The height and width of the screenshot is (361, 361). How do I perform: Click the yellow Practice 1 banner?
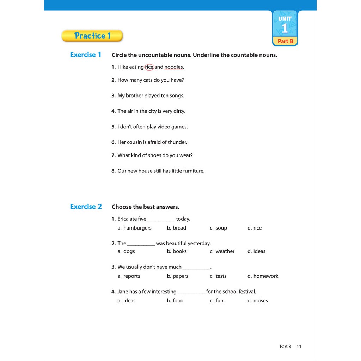pos(92,36)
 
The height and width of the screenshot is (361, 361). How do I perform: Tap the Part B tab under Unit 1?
pos(285,41)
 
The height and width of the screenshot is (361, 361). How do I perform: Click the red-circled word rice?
pos(149,67)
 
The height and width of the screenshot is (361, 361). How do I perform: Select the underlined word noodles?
pos(173,67)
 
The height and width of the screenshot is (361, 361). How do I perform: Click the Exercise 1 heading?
pos(85,55)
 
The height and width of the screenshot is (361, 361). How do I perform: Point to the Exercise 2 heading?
pos(86,207)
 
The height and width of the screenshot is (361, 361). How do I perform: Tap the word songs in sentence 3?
pos(177,96)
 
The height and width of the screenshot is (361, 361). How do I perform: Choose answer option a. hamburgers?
pos(135,228)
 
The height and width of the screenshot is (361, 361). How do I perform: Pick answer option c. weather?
pos(222,251)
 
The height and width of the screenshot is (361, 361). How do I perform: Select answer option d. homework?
pos(263,276)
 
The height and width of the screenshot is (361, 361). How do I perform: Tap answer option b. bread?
pos(177,228)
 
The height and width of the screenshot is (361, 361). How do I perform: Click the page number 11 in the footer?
pos(299,347)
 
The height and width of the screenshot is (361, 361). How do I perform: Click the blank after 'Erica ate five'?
pos(161,219)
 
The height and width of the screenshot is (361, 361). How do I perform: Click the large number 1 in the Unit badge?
pos(285,28)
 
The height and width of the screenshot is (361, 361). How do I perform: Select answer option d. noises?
pos(258,301)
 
